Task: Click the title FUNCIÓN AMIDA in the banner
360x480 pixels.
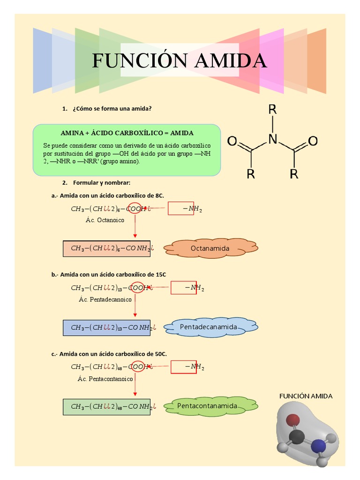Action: (180, 60)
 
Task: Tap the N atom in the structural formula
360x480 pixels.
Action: (272, 139)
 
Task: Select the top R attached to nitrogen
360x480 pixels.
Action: (272, 110)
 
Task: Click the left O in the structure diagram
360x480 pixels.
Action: (232, 141)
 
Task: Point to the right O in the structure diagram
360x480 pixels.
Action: (313, 141)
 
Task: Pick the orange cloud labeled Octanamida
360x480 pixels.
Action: (210, 247)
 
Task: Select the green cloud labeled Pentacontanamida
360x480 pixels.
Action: (210, 406)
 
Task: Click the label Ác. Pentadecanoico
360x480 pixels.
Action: (105, 300)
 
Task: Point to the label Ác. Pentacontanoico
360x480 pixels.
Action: (105, 379)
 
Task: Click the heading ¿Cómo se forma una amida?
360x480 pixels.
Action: (112, 109)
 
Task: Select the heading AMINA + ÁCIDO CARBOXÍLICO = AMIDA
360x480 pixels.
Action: (127, 133)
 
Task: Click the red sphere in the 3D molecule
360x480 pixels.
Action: (293, 420)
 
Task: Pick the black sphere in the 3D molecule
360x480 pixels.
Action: (297, 437)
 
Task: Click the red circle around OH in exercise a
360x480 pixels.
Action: (135, 208)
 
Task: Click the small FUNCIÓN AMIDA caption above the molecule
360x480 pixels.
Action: (306, 396)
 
